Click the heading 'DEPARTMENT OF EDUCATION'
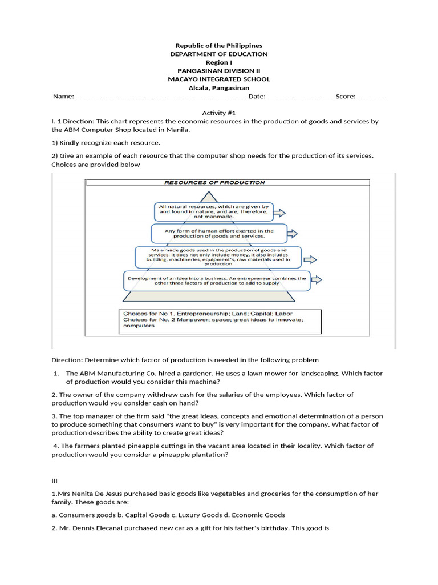219,54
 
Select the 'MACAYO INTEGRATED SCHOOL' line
219,79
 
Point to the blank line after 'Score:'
371,97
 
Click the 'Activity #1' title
219,113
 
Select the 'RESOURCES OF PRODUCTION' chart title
214,183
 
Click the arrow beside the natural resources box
279,213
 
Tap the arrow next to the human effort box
291,234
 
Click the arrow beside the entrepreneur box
316,280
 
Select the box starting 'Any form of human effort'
219,234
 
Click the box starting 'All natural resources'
214,211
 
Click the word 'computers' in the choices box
139,326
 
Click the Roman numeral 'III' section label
55,481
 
